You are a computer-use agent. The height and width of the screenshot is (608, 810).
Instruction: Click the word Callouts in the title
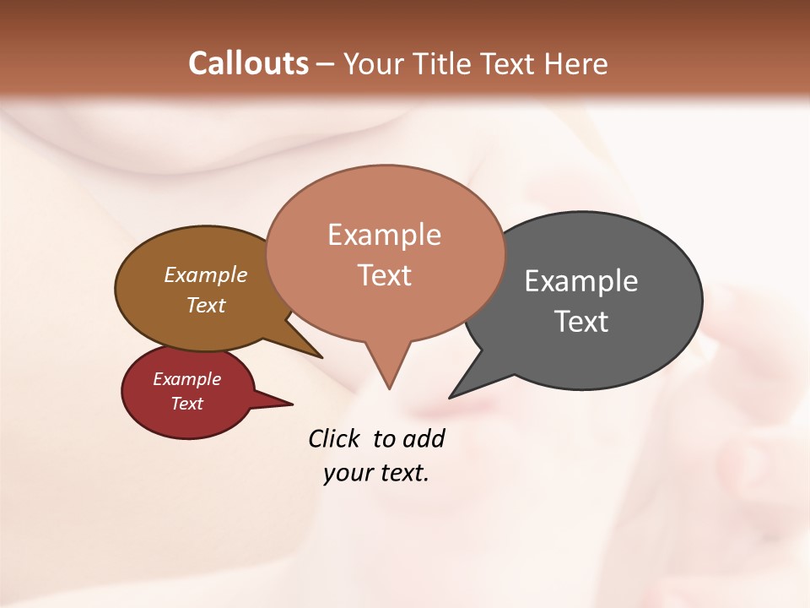tap(248, 63)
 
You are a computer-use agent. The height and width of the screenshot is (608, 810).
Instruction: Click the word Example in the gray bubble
tap(581, 280)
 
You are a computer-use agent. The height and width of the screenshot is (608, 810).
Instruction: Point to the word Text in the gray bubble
tap(581, 321)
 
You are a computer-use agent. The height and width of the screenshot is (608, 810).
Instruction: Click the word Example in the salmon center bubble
tap(384, 235)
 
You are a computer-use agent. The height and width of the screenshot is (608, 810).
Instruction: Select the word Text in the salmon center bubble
tap(385, 275)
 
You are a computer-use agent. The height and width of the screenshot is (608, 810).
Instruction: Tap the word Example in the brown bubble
tap(206, 274)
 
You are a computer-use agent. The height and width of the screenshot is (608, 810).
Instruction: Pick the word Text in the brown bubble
tap(206, 305)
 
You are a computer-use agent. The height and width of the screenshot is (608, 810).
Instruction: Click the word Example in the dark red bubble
tap(186, 379)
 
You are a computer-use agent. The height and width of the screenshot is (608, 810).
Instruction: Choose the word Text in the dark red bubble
tap(186, 404)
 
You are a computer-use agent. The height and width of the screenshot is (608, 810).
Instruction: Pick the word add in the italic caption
tap(424, 438)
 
